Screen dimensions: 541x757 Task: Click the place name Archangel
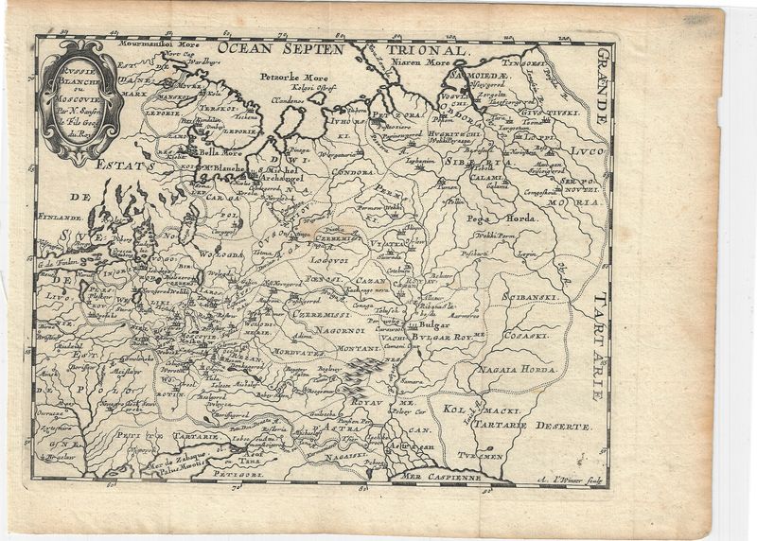click(x=281, y=176)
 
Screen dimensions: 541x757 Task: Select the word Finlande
click(x=60, y=216)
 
